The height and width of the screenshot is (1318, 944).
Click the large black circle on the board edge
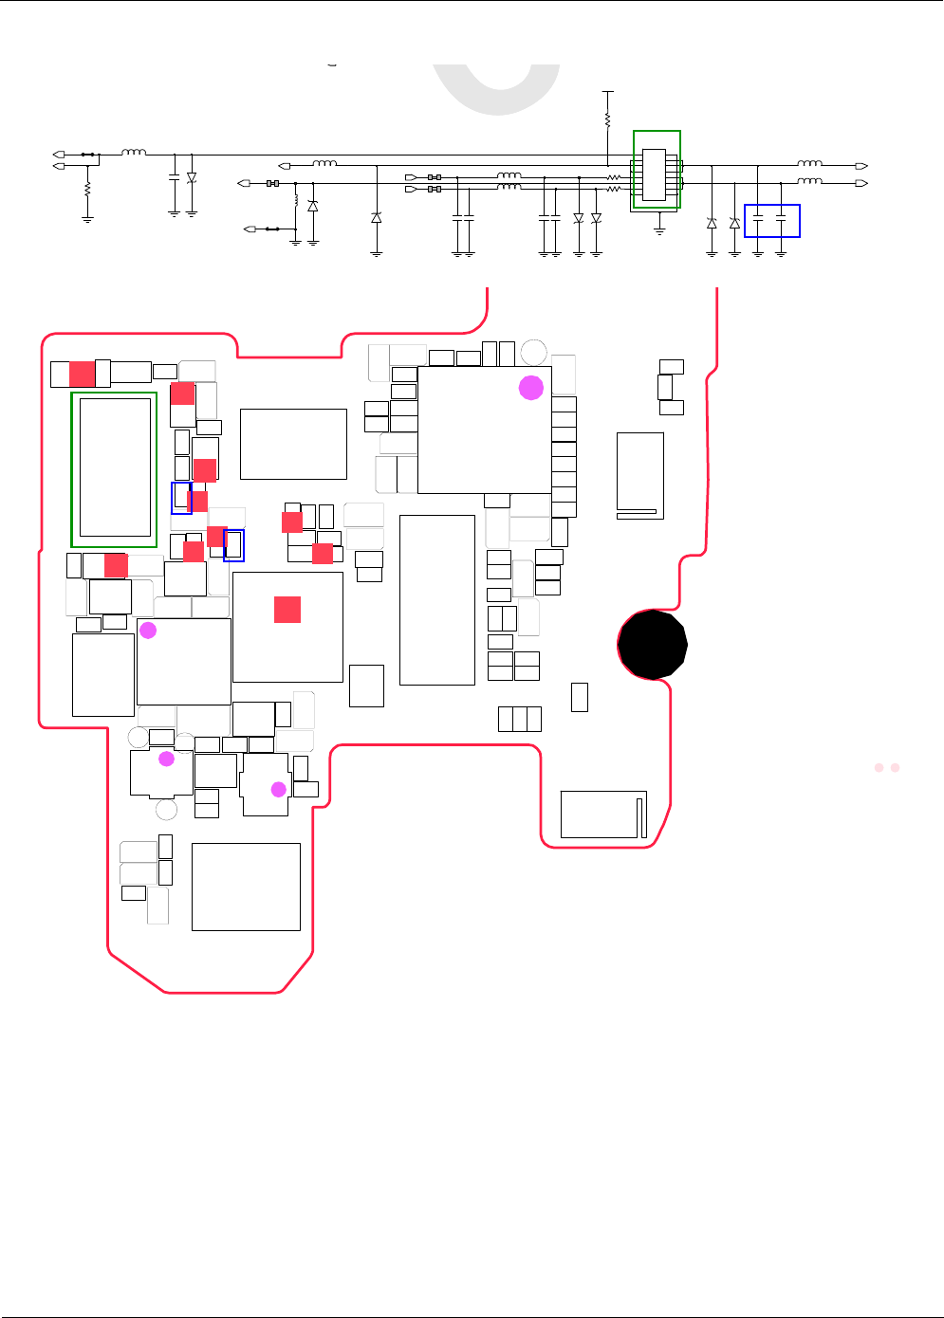tap(652, 644)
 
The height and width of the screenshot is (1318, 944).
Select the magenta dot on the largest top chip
tap(531, 387)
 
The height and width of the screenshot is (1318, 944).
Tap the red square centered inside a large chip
tap(287, 610)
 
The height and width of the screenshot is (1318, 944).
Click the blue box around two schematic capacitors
tap(772, 221)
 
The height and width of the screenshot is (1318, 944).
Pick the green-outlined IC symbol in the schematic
tap(657, 170)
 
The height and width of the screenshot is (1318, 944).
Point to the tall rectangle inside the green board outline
tap(116, 467)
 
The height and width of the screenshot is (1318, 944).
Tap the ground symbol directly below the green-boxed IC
tap(660, 229)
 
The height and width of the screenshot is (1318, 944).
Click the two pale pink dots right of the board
tap(887, 767)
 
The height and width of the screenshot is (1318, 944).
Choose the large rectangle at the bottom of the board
tap(246, 887)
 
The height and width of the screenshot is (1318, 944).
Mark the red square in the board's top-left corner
tap(83, 374)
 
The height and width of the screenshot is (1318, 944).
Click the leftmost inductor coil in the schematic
tap(134, 152)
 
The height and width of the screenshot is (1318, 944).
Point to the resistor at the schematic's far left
tap(87, 190)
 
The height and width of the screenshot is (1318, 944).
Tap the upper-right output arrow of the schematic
tap(861, 166)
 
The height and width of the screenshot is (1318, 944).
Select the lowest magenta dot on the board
tap(279, 789)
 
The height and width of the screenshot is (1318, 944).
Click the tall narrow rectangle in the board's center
tap(437, 599)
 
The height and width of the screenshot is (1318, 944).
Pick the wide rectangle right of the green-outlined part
tap(293, 444)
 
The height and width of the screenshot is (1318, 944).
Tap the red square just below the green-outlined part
tap(116, 565)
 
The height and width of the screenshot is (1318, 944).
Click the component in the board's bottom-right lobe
tap(603, 815)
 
